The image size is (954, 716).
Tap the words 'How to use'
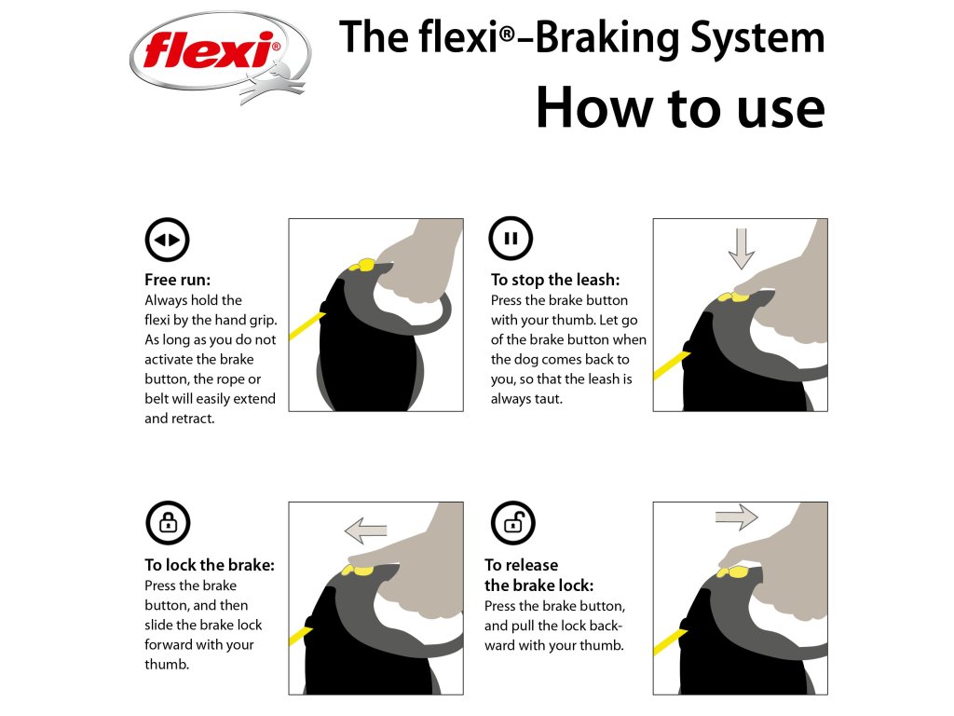click(x=680, y=108)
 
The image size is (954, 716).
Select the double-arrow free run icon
click(x=168, y=240)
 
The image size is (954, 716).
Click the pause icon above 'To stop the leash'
click(x=511, y=238)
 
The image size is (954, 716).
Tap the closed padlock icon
click(x=168, y=523)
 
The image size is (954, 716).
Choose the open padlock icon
click(x=513, y=523)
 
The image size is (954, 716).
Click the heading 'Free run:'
click(x=178, y=280)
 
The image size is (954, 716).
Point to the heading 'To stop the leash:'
click(x=555, y=280)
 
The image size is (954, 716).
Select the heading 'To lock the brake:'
click(x=210, y=565)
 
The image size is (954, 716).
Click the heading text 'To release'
click(x=522, y=565)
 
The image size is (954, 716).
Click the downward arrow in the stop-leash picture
click(x=741, y=248)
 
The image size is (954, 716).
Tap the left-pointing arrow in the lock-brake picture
click(x=365, y=530)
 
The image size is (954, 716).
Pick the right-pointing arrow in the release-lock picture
click(x=737, y=517)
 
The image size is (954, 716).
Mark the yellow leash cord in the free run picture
click(x=307, y=325)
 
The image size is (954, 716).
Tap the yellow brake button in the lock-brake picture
click(x=358, y=571)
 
